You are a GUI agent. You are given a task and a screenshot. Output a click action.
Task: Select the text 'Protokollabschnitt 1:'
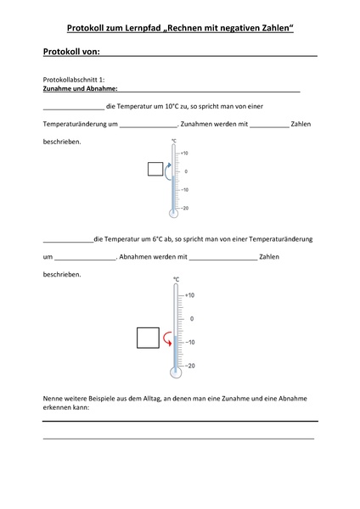click(x=74, y=79)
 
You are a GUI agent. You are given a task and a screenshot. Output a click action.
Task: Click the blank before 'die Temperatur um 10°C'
click(x=72, y=108)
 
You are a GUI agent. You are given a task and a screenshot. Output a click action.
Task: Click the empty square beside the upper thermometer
click(x=155, y=169)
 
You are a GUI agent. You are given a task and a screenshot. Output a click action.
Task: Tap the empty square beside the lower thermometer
click(x=148, y=338)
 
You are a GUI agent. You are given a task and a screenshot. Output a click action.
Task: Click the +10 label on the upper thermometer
click(x=183, y=154)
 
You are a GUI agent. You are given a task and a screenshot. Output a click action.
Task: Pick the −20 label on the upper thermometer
click(x=183, y=208)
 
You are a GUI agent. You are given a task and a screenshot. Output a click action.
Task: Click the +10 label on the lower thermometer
click(x=189, y=295)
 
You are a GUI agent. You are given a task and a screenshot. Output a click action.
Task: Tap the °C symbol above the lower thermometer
click(x=176, y=279)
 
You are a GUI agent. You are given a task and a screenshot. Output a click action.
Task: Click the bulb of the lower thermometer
click(x=175, y=372)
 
